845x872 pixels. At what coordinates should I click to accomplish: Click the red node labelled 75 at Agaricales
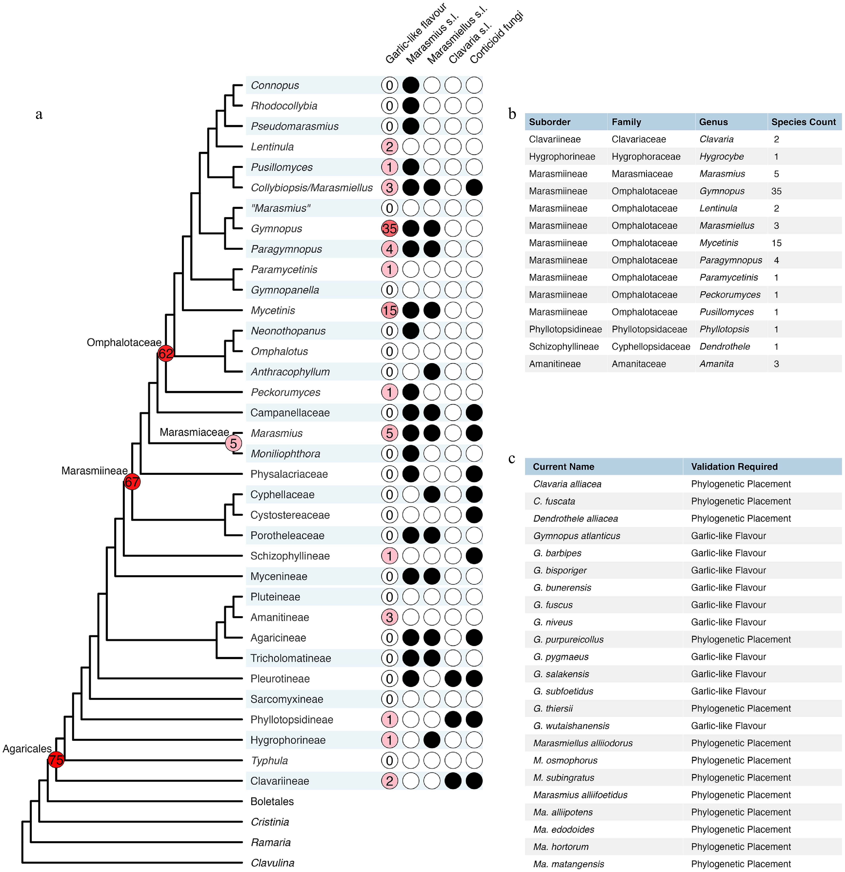(56, 759)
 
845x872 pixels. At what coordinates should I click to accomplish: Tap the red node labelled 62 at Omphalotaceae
(165, 353)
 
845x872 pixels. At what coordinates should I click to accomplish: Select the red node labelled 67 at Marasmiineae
(132, 481)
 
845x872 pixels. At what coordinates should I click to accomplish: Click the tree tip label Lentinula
(272, 147)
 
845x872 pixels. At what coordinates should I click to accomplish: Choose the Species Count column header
(803, 122)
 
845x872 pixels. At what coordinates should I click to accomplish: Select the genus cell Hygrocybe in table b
(721, 157)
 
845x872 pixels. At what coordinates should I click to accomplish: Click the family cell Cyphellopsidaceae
(651, 347)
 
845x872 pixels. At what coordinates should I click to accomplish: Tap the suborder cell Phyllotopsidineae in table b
(565, 329)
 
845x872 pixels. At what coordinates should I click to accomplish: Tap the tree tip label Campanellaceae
(290, 413)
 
